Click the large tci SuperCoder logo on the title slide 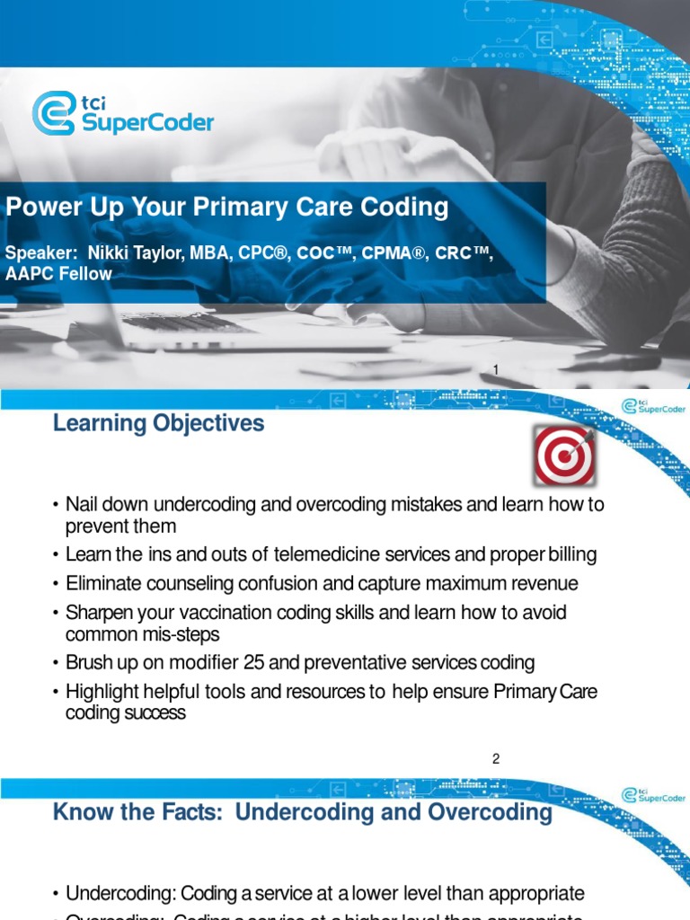tap(123, 112)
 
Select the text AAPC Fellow tap(58, 274)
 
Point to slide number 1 tap(495, 370)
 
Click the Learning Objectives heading tap(159, 423)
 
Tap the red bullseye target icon tap(564, 455)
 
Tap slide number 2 tap(495, 759)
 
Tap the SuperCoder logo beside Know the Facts tap(651, 796)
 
